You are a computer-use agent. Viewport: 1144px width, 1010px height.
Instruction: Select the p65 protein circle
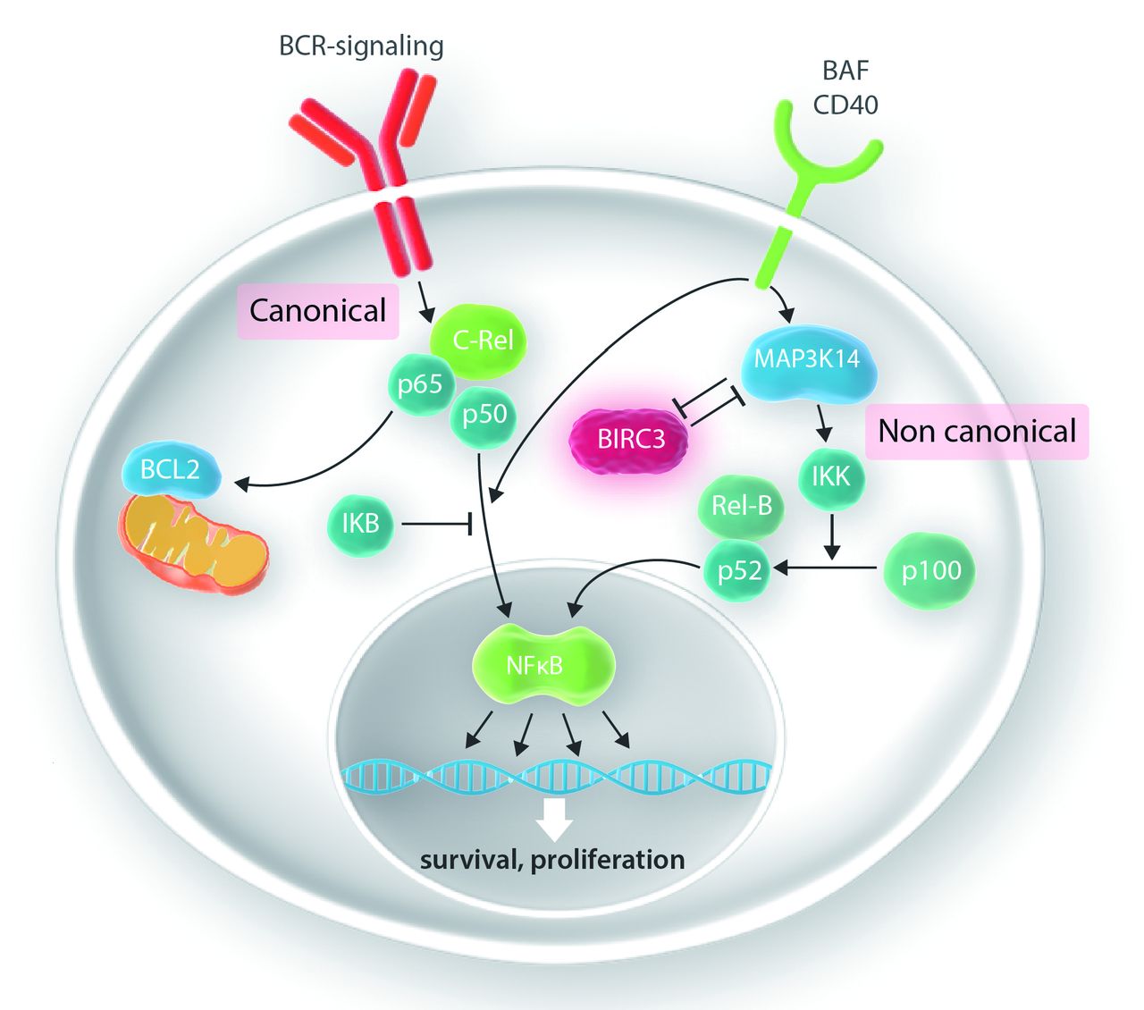pos(420,384)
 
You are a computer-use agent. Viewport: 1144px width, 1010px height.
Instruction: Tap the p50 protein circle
pos(484,415)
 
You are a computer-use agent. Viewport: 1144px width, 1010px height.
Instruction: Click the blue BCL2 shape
pos(170,469)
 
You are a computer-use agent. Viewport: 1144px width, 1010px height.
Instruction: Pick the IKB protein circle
pos(360,523)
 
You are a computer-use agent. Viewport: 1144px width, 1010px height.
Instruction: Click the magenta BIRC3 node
pos(631,439)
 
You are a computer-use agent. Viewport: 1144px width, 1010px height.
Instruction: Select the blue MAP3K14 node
pos(807,360)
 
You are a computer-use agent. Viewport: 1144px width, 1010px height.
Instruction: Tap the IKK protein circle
pos(830,476)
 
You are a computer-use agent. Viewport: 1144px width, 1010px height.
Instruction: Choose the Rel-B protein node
pos(741,506)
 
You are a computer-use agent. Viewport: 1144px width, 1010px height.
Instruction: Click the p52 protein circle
pos(739,569)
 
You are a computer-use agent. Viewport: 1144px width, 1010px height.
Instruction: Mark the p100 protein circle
pos(930,570)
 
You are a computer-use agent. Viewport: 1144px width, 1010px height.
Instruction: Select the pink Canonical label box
pos(317,310)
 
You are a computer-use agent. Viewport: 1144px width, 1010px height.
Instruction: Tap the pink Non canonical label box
pos(977,431)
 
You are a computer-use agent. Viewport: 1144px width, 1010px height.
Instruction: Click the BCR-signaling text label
pos(361,46)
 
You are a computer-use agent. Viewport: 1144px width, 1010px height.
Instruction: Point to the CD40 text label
pos(845,105)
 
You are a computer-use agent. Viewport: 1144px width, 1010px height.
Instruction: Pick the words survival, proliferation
pos(552,860)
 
